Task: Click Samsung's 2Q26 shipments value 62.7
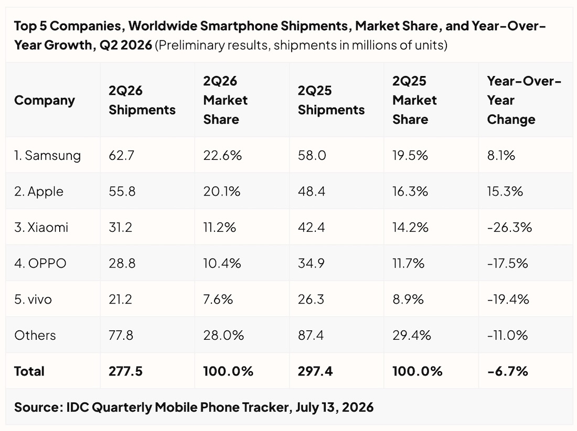tap(122, 156)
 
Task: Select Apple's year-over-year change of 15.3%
tap(505, 191)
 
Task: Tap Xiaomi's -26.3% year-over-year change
tap(509, 227)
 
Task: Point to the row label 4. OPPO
tap(40, 263)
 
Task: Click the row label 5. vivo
tap(33, 299)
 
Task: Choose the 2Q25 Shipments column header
tap(331, 100)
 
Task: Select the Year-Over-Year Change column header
tap(524, 100)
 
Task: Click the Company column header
tap(45, 100)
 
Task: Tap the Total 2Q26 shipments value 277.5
tap(125, 371)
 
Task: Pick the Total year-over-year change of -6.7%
tap(507, 371)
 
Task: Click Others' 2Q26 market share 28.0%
tap(223, 336)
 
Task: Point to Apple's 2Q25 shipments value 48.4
tap(312, 191)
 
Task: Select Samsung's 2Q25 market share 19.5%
tap(410, 156)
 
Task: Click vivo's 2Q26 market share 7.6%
tap(218, 299)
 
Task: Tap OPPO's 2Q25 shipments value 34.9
tap(311, 263)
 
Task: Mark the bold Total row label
tap(29, 371)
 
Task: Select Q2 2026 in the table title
tap(125, 45)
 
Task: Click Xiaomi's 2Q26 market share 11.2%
tap(220, 227)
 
